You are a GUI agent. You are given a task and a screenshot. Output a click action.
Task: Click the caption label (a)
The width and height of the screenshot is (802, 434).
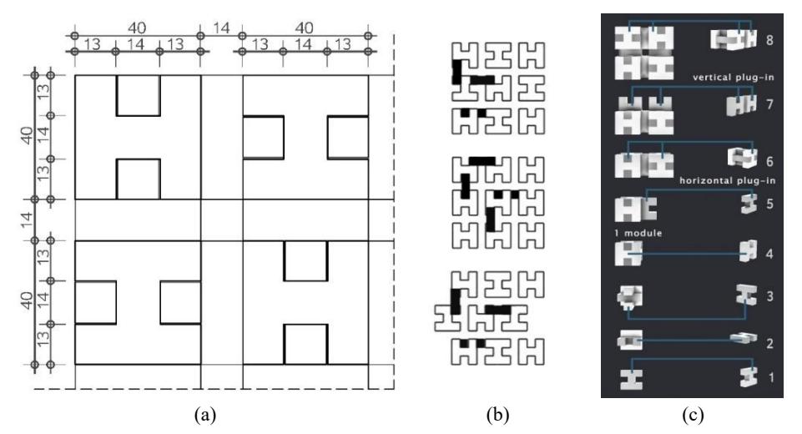click(x=205, y=415)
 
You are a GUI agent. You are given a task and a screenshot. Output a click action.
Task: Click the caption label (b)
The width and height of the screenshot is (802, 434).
click(x=497, y=415)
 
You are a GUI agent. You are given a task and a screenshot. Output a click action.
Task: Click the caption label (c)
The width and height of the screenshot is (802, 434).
click(x=693, y=415)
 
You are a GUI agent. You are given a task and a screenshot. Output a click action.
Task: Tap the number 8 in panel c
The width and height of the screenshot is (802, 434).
click(x=769, y=40)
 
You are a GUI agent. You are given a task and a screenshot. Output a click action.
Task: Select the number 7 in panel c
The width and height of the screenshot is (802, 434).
click(x=769, y=104)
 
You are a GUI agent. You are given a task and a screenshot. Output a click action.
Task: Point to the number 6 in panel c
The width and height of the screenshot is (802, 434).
click(x=769, y=162)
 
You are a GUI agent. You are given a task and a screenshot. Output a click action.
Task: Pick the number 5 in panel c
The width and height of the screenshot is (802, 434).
click(x=769, y=204)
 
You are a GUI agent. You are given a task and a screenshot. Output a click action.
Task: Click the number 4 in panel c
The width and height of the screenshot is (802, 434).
click(x=769, y=254)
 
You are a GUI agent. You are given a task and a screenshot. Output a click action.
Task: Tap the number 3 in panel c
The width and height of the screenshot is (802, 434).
click(x=769, y=296)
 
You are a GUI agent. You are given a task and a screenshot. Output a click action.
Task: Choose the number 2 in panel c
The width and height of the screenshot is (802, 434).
click(x=769, y=343)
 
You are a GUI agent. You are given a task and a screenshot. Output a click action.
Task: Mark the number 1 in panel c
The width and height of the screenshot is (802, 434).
click(x=771, y=378)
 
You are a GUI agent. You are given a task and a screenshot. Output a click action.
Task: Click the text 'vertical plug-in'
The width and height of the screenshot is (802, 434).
click(x=734, y=78)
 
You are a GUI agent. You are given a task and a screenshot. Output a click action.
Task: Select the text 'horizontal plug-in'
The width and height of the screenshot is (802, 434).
click(x=728, y=180)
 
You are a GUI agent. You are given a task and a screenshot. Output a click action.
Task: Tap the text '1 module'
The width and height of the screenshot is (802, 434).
click(x=638, y=233)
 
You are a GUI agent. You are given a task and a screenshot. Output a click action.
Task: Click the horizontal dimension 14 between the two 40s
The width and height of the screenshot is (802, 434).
click(x=221, y=28)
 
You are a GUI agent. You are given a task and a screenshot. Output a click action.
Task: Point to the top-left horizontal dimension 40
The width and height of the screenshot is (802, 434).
click(x=137, y=28)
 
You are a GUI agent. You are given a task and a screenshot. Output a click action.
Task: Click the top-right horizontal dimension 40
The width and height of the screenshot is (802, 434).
click(x=305, y=28)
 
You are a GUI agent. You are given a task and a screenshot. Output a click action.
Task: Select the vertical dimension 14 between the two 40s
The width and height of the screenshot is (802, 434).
click(x=28, y=220)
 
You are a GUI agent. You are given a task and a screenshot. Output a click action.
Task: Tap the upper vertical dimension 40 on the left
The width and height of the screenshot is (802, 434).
click(x=28, y=135)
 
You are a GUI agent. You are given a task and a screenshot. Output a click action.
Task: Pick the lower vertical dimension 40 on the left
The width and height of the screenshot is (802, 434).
click(x=28, y=300)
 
